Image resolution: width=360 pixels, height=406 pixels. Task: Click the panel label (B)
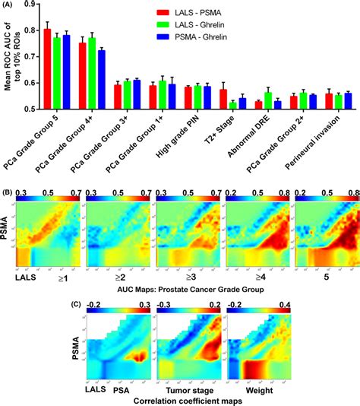[x=8, y=181]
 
